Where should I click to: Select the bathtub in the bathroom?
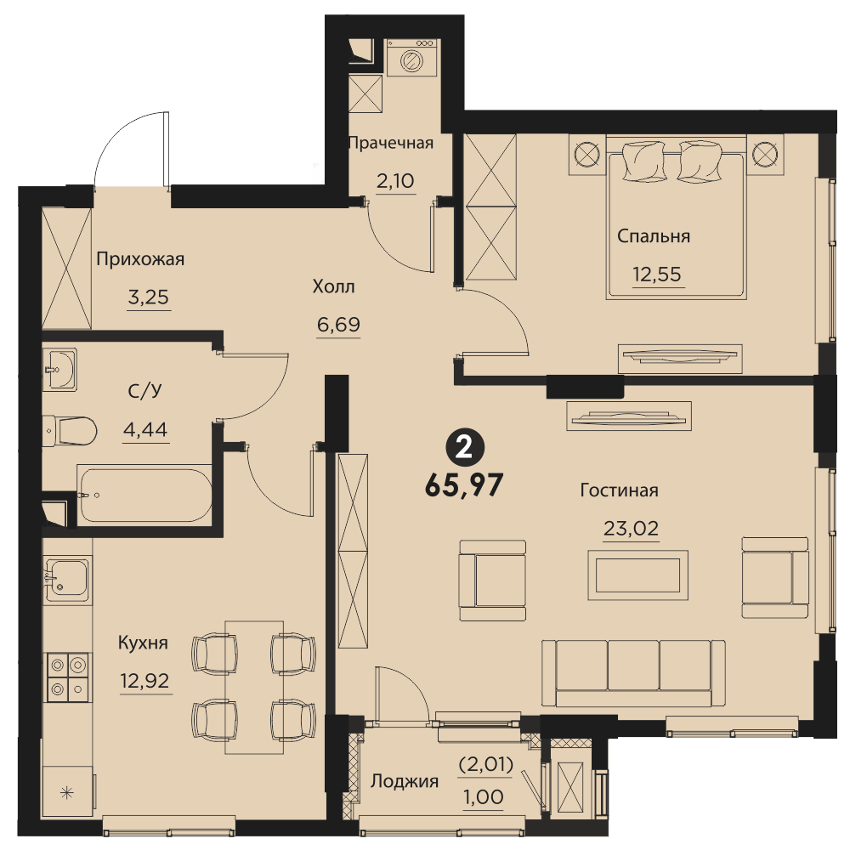click(x=144, y=495)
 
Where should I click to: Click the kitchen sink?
click(x=66, y=580)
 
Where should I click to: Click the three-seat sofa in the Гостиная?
click(x=633, y=672)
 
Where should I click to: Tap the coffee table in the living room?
click(x=638, y=575)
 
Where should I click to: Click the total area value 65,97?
click(x=465, y=485)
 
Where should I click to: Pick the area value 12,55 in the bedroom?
click(x=657, y=275)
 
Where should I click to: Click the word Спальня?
click(x=653, y=237)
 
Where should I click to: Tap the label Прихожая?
click(x=140, y=259)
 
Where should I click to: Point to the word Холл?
click(x=333, y=286)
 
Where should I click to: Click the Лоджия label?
click(x=405, y=782)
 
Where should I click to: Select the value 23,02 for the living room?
click(x=631, y=528)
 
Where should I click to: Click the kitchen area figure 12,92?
click(x=144, y=680)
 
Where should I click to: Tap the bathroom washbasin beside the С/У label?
click(x=59, y=369)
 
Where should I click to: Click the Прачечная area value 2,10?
click(x=396, y=181)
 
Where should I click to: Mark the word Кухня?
click(x=143, y=643)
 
